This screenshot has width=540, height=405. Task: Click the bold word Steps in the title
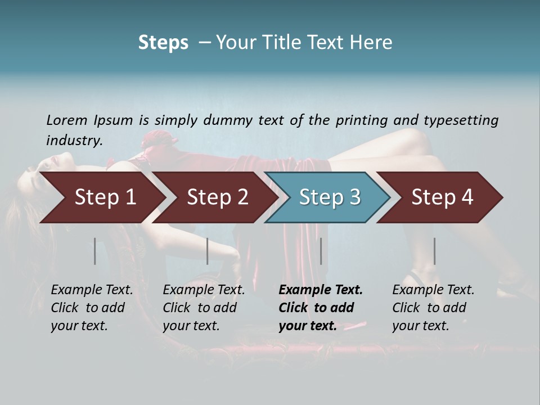[x=163, y=43]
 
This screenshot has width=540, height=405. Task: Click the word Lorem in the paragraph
[x=66, y=120]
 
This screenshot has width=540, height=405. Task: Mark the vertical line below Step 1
[x=95, y=251]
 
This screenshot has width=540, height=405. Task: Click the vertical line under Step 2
[x=208, y=251]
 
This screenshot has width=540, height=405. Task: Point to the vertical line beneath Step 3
[x=321, y=251]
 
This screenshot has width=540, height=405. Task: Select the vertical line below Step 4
[x=434, y=251]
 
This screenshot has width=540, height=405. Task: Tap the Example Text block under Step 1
[x=92, y=308]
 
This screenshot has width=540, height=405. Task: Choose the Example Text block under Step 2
[x=204, y=308]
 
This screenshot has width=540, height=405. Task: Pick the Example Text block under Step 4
[x=433, y=308]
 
